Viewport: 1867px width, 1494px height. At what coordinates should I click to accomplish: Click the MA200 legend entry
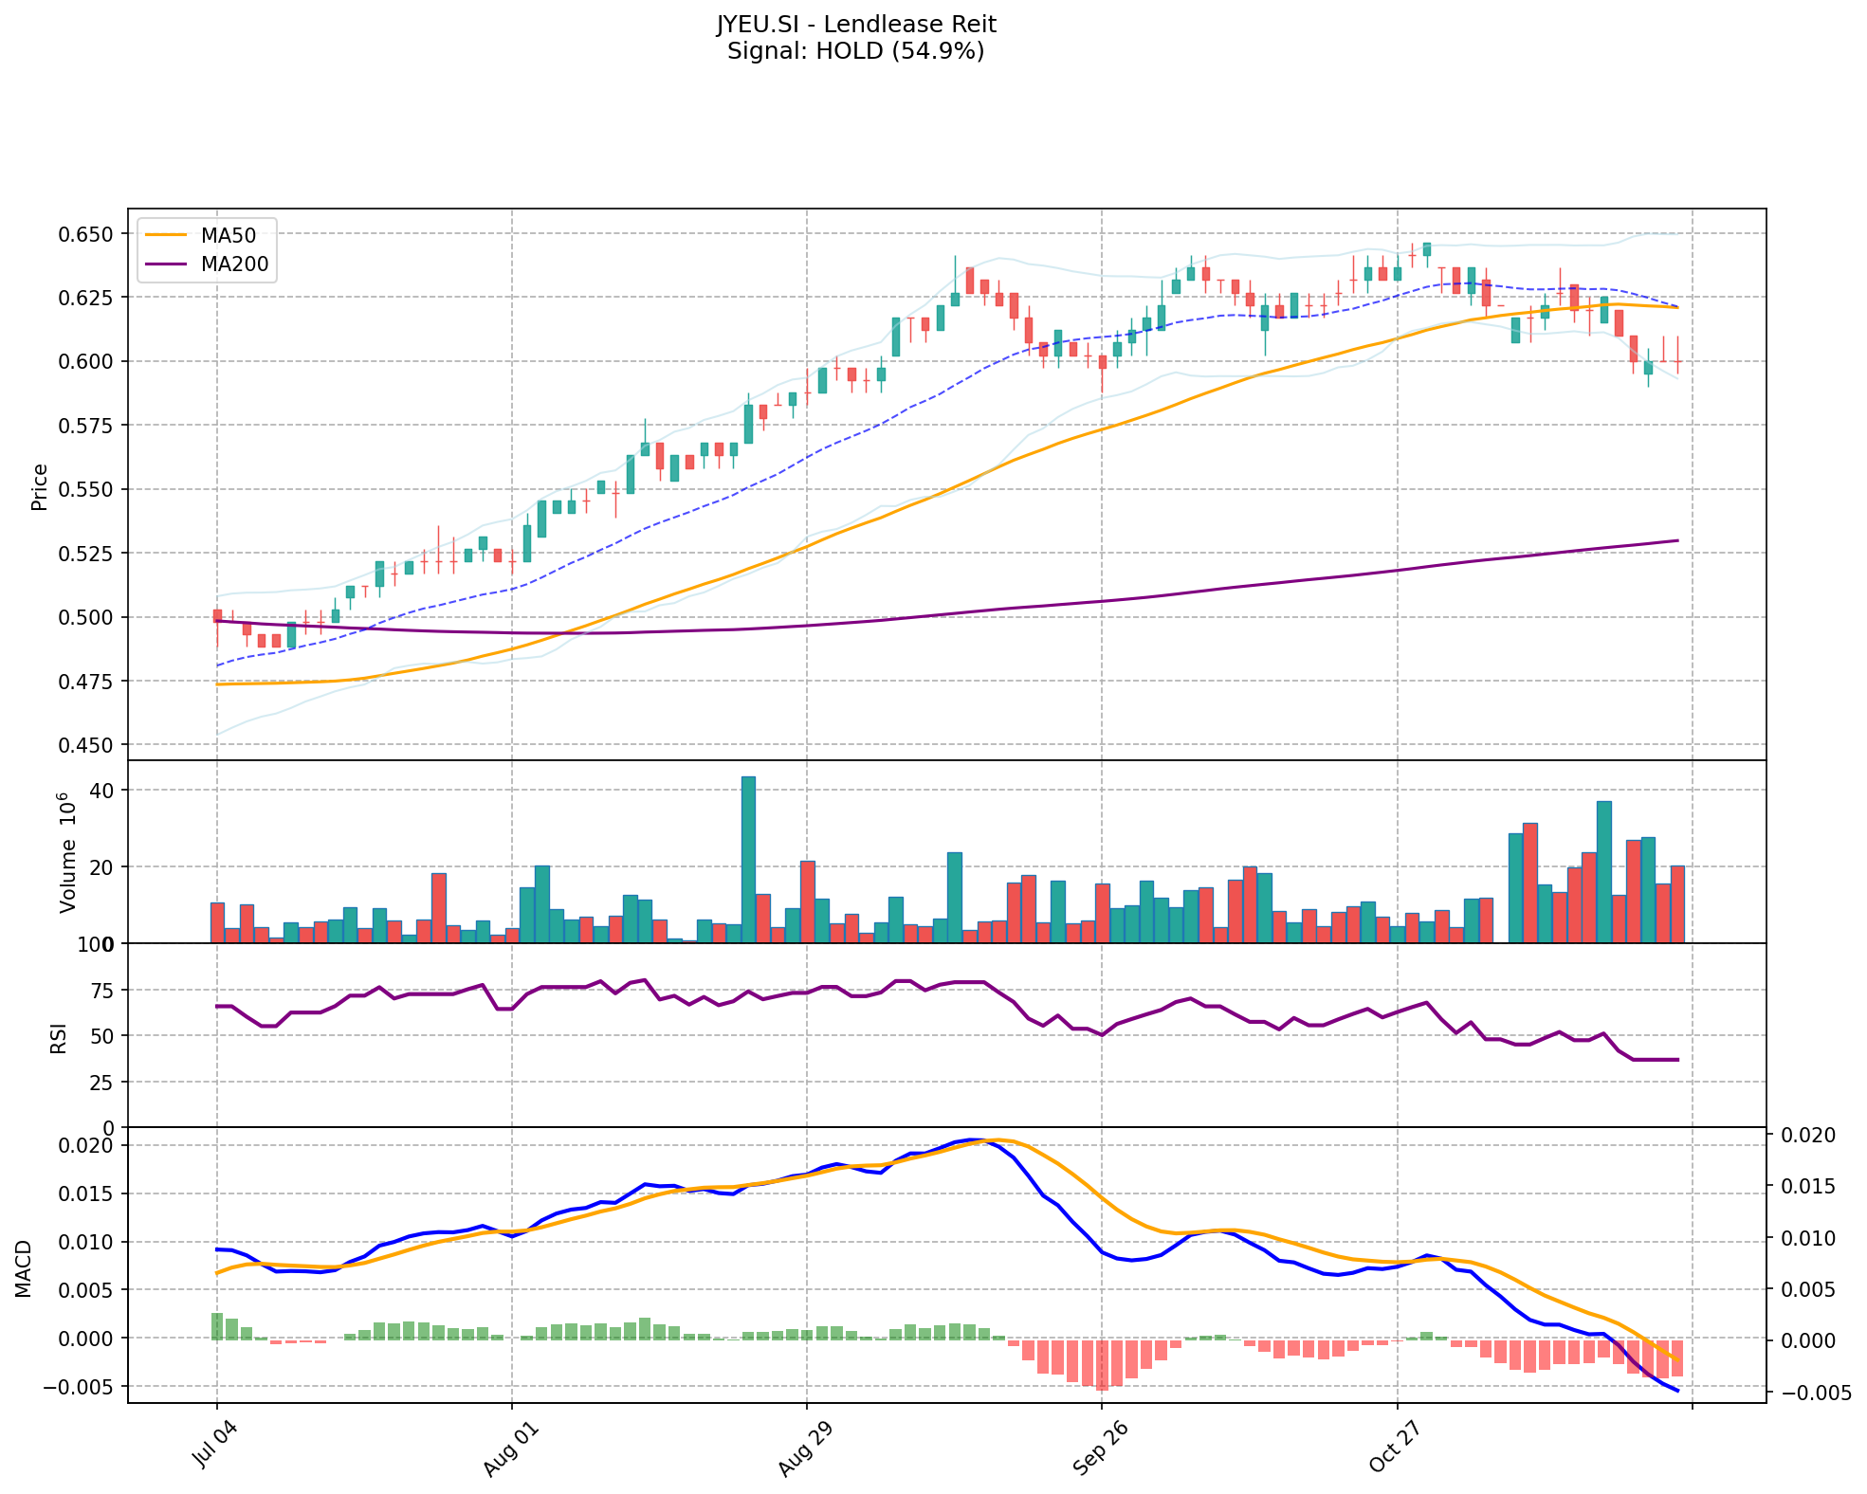(x=234, y=265)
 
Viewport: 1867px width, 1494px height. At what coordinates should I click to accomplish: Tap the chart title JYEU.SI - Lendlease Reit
(x=856, y=24)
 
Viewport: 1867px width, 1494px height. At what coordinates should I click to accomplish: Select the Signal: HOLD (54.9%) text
(x=856, y=51)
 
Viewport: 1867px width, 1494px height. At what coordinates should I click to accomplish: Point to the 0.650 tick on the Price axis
(x=87, y=234)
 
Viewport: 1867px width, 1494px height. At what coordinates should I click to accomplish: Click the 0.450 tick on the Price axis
(x=87, y=745)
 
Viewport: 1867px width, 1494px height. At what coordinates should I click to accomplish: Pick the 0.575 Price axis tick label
(x=87, y=426)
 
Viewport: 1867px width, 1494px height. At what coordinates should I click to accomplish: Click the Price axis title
(x=40, y=486)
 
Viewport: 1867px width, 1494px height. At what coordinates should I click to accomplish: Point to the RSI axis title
(x=59, y=1037)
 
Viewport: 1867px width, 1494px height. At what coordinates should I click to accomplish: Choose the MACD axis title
(x=24, y=1268)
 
